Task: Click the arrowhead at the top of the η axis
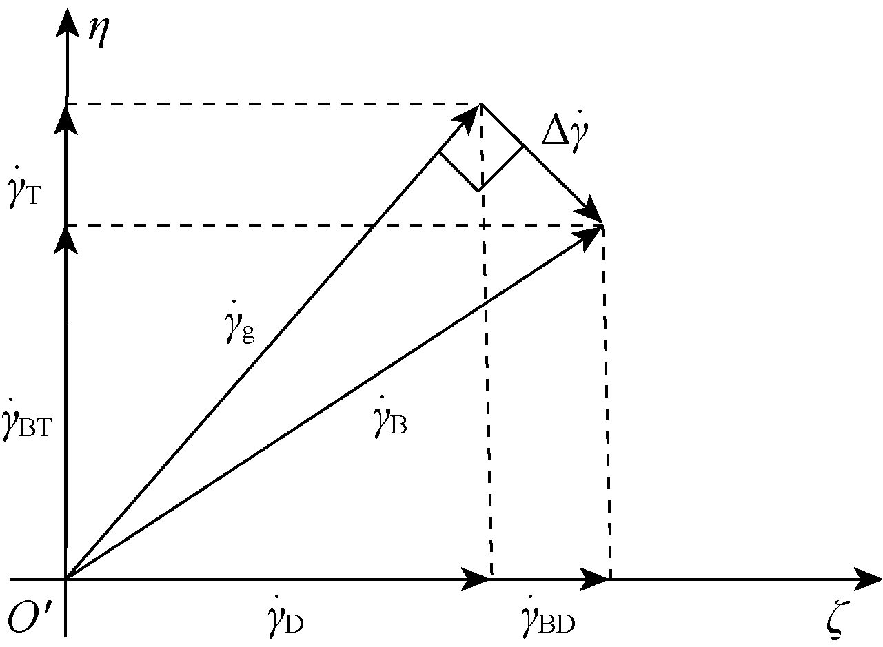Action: [66, 21]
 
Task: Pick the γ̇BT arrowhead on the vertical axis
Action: [66, 238]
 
